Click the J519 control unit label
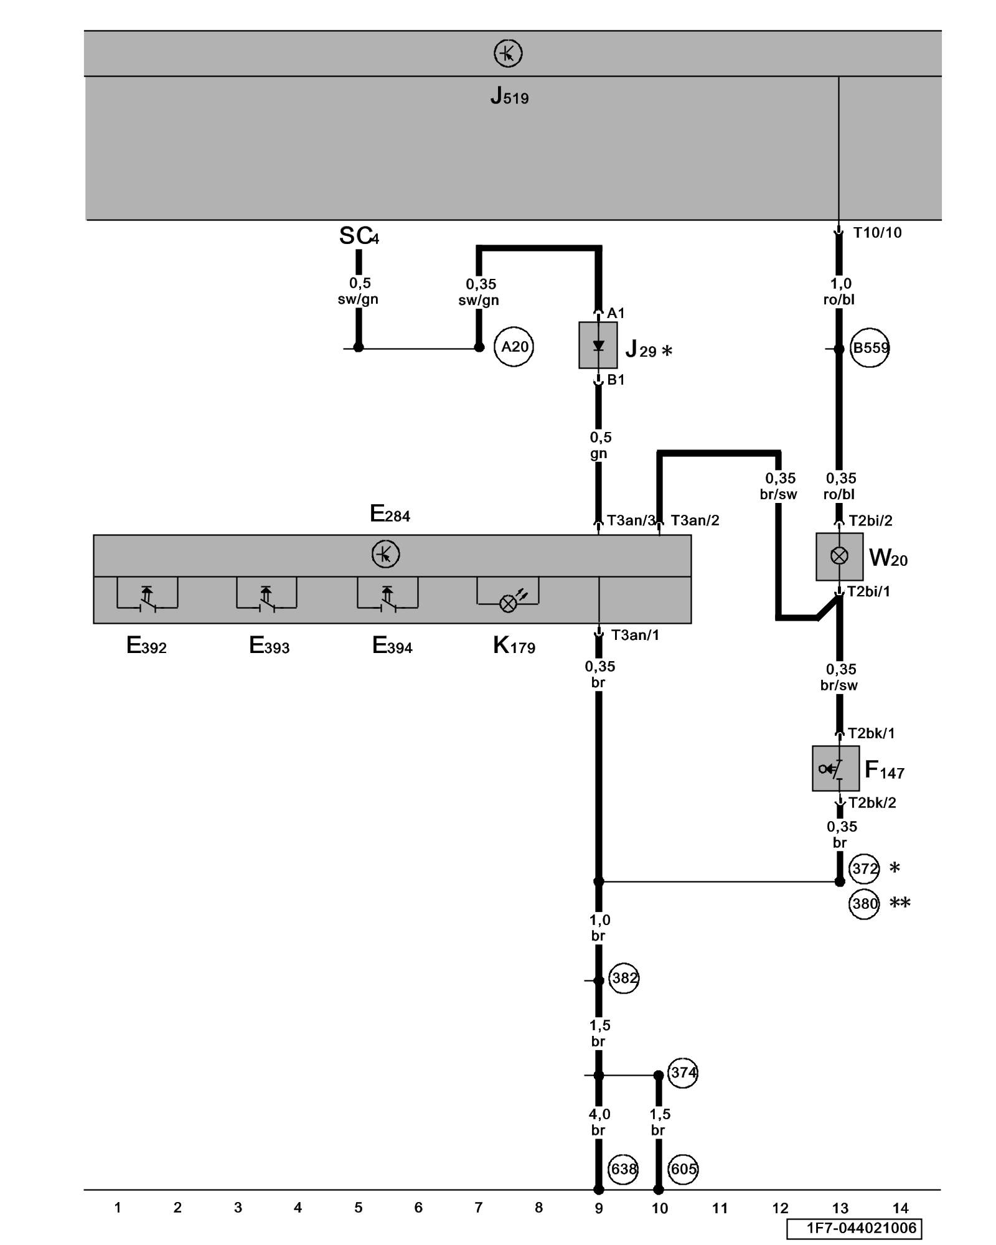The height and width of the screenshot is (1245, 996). click(x=509, y=96)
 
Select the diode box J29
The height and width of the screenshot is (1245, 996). click(x=598, y=345)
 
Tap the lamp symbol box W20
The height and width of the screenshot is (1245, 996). click(x=839, y=556)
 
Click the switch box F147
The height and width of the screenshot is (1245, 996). click(x=835, y=769)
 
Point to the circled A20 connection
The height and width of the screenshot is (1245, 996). click(x=514, y=347)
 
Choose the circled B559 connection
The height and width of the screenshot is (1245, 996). click(x=870, y=347)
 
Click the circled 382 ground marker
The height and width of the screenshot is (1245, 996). click(x=624, y=978)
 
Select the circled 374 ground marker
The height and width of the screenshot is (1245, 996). click(x=683, y=1073)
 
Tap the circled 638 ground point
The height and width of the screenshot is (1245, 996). click(x=623, y=1169)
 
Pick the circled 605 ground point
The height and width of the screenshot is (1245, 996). click(x=683, y=1169)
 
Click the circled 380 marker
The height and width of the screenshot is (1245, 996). click(x=864, y=903)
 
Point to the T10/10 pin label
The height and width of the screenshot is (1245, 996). click(x=876, y=233)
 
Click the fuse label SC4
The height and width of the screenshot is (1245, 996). click(x=359, y=236)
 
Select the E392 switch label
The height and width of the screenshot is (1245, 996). click(x=146, y=646)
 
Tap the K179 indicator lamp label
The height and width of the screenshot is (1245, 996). click(x=514, y=646)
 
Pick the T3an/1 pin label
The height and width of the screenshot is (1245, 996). click(x=634, y=635)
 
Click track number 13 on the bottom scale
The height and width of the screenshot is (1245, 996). click(x=840, y=1208)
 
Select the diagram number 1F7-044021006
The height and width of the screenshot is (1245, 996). click(x=861, y=1228)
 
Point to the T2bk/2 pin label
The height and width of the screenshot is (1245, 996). click(x=872, y=803)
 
